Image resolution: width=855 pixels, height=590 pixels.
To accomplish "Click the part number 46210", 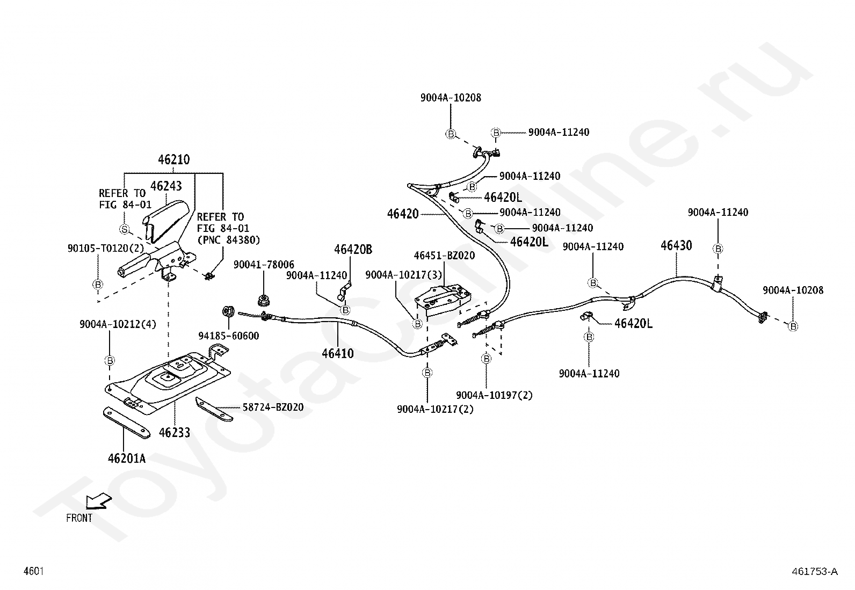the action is click(173, 159).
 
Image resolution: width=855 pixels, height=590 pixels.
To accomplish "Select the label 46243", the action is click(166, 186).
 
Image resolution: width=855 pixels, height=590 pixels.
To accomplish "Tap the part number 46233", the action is click(175, 432).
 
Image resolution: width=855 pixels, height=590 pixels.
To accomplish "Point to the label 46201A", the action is click(127, 458).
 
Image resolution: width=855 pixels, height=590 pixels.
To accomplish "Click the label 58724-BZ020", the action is click(273, 407).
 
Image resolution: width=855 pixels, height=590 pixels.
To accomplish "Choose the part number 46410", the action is click(338, 353).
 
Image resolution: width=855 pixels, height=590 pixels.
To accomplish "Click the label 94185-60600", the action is click(229, 336).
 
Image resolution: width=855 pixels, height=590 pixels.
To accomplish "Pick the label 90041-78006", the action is click(264, 265).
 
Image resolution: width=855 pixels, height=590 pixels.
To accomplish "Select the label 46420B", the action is click(353, 249).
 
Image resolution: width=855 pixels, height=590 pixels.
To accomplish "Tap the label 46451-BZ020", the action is click(444, 256).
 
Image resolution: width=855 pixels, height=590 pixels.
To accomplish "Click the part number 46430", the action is click(676, 245).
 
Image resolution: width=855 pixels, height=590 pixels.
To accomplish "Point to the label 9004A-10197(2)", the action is click(494, 395).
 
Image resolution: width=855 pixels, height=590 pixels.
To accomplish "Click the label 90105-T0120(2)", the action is click(106, 249).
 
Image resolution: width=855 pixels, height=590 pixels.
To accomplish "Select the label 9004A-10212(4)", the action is click(118, 324).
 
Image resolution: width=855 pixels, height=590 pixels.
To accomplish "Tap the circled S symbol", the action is click(124, 229).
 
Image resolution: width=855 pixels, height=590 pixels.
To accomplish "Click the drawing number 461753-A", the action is click(815, 571).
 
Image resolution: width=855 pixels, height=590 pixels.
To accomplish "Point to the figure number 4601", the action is click(34, 571).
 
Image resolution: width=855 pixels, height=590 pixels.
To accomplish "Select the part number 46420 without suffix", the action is click(403, 214).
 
